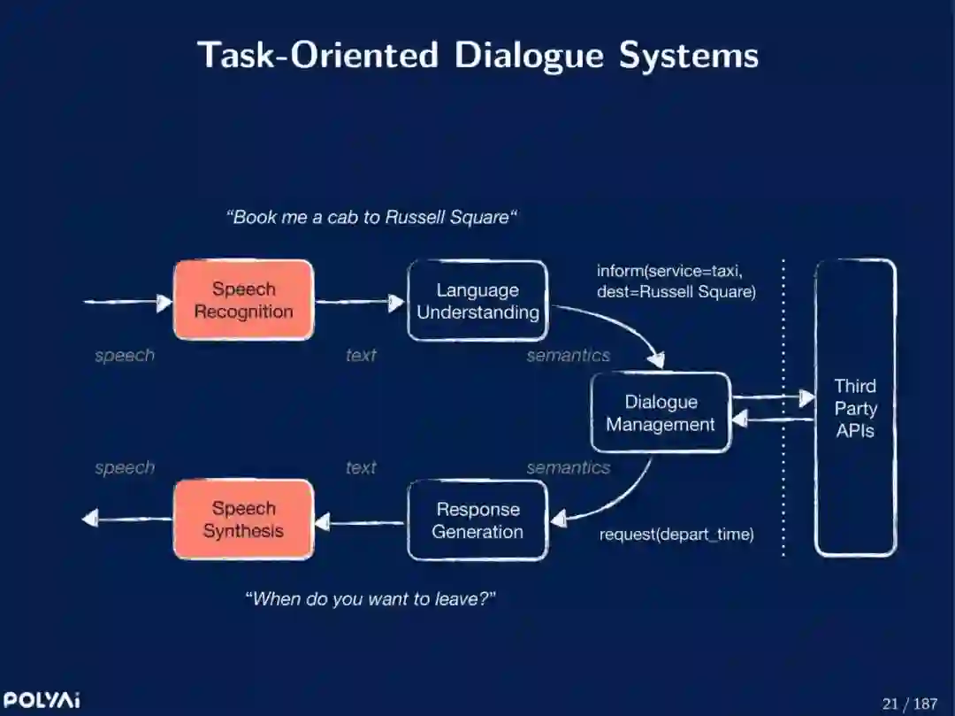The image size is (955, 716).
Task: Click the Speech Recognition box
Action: pyautogui.click(x=243, y=300)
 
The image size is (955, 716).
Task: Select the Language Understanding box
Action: pyautogui.click(x=477, y=301)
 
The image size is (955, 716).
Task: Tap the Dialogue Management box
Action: pyautogui.click(x=661, y=413)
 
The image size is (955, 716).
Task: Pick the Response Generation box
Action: pyautogui.click(x=477, y=520)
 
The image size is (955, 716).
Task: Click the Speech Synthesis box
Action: pyautogui.click(x=243, y=520)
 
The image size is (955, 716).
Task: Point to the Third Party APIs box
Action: pyautogui.click(x=855, y=408)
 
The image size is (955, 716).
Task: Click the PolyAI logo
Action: pyautogui.click(x=41, y=700)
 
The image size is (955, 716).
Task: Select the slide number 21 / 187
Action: pyautogui.click(x=909, y=704)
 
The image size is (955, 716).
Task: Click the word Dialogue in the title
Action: pyautogui.click(x=528, y=55)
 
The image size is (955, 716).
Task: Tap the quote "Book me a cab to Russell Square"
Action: pyautogui.click(x=371, y=217)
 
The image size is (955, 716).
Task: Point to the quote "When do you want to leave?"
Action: pyautogui.click(x=370, y=599)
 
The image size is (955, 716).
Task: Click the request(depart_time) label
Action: pyautogui.click(x=676, y=535)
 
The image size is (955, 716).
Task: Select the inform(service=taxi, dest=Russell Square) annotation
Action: pyautogui.click(x=676, y=281)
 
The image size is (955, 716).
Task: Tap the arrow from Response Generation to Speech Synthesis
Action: pyautogui.click(x=360, y=522)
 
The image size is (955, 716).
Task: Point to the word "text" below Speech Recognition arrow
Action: pyautogui.click(x=361, y=356)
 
